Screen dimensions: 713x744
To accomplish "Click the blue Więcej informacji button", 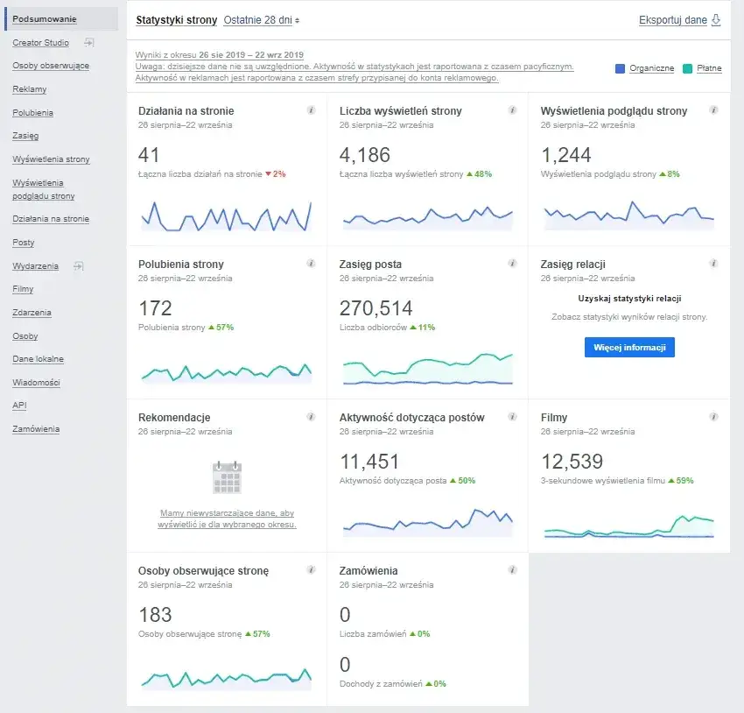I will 629,348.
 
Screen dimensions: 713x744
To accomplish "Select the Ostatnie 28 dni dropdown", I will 261,20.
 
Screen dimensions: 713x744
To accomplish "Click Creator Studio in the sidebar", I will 41,42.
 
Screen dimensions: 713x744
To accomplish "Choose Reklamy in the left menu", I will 30,89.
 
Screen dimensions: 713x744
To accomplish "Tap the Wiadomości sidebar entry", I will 35,383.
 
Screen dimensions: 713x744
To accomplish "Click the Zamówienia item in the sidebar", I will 36,429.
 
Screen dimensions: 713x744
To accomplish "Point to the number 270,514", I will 376,308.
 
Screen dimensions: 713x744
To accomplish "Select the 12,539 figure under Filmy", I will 572,462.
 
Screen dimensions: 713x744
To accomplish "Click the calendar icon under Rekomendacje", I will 227,477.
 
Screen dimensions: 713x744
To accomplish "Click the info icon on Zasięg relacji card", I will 713,264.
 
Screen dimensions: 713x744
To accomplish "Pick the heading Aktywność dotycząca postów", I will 411,418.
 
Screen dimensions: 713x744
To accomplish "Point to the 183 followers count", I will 155,615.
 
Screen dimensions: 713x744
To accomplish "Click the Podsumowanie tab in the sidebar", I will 45,19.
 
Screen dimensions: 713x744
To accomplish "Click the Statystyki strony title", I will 176,20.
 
